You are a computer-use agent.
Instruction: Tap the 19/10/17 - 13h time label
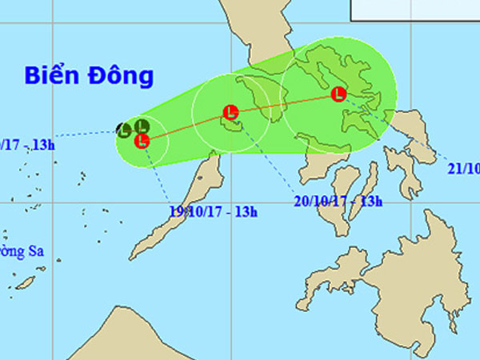[214, 212]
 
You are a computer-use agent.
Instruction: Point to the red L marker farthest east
[338, 94]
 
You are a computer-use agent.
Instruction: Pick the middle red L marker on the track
[230, 112]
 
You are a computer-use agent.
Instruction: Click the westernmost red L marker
[142, 141]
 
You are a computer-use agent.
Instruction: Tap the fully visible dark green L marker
[142, 126]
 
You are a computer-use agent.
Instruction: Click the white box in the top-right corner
[414, 9]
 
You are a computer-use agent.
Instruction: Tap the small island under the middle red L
[231, 126]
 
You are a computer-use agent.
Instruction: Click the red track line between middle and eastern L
[284, 103]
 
